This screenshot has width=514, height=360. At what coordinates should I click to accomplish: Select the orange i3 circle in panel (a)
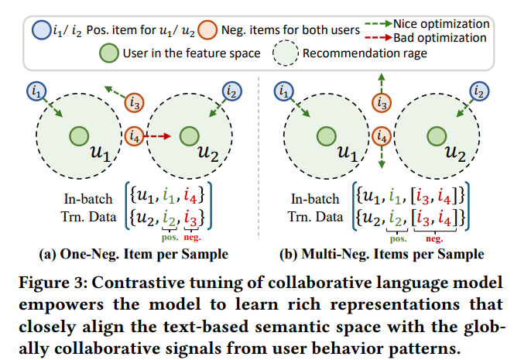click(135, 101)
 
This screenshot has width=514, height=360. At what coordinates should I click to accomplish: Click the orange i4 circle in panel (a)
click(135, 136)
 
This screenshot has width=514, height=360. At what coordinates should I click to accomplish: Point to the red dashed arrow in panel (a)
click(159, 136)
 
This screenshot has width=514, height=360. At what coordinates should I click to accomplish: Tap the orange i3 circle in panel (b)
click(379, 101)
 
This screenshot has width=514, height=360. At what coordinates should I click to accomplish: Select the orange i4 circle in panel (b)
click(379, 136)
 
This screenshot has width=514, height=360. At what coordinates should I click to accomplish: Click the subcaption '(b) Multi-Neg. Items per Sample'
click(380, 254)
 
